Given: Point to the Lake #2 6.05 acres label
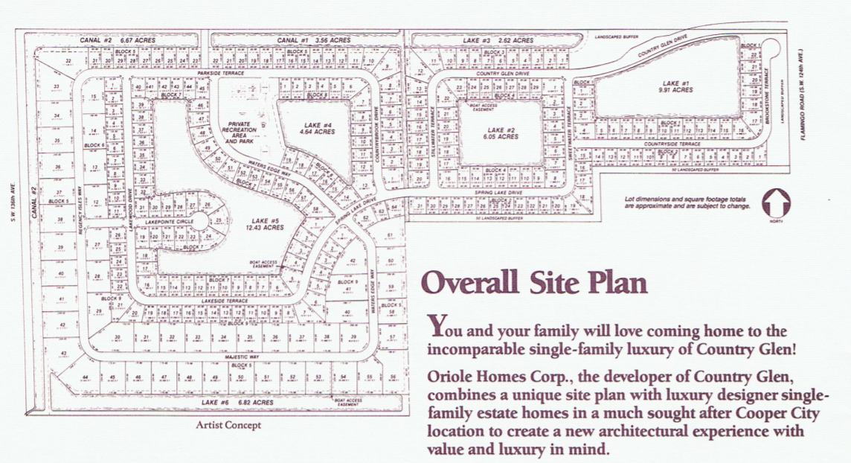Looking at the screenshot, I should tap(499, 133).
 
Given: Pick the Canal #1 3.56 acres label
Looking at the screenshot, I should tap(303, 39).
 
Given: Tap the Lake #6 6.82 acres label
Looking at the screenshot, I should tap(228, 402).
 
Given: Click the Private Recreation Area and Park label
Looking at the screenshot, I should tap(239, 132).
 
